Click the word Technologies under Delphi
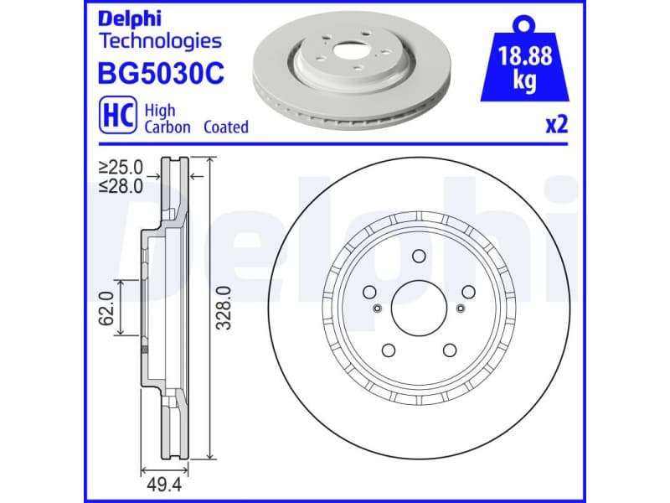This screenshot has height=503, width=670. click(160, 40)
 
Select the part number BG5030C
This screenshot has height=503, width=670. click(162, 75)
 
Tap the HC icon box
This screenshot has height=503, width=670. click(117, 118)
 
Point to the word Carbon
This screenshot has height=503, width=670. click(167, 127)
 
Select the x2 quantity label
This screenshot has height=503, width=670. click(556, 126)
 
